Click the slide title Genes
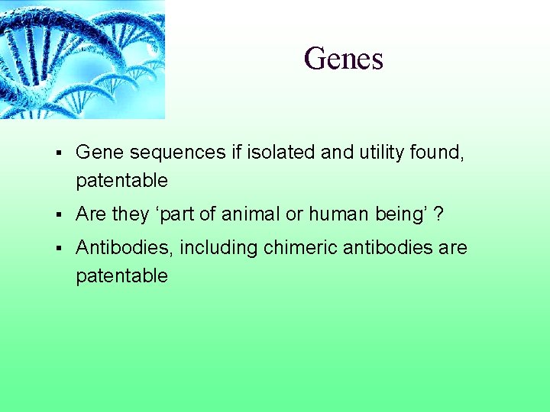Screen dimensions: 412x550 click(x=343, y=59)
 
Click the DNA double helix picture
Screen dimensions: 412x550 click(x=82, y=60)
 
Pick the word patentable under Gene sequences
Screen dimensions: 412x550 click(x=121, y=181)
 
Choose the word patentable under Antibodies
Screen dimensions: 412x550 click(x=121, y=275)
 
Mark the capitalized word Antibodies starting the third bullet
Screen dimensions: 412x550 click(x=125, y=248)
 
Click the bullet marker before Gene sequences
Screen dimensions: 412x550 click(x=59, y=153)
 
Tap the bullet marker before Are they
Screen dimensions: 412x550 click(x=59, y=215)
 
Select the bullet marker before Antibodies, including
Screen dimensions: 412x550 click(x=59, y=249)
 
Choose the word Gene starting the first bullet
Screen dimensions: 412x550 click(x=100, y=153)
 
